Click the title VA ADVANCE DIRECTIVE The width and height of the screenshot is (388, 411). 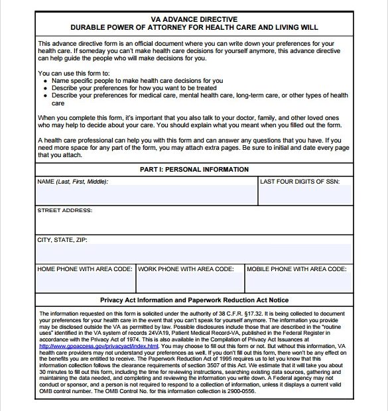[194, 19]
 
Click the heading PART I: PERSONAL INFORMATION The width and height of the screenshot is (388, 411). [194, 169]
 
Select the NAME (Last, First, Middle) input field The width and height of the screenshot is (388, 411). [146, 195]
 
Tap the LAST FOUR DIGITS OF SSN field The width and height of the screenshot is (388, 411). [305, 195]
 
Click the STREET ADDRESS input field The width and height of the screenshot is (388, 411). [194, 224]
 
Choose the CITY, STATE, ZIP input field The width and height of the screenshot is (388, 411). [194, 253]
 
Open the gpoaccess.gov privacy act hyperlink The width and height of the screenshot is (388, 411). [99, 346]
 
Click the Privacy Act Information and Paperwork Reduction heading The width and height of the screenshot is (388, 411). [194, 300]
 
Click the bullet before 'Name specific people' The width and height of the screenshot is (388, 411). [44, 81]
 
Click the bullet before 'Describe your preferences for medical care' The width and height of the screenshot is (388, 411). [44, 95]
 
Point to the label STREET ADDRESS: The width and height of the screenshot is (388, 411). [64, 210]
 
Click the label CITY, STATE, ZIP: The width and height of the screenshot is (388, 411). [62, 239]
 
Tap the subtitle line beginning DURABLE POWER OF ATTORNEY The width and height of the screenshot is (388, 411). [194, 28]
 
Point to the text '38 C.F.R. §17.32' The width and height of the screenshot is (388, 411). [237, 313]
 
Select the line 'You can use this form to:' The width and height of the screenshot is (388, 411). [74, 73]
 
